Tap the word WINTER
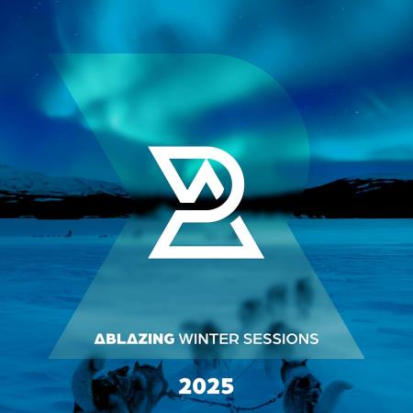pyautogui.click(x=209, y=339)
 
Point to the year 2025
pyautogui.click(x=206, y=378)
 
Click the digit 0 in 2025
pyautogui.click(x=200, y=378)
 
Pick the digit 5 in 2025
pyautogui.click(x=226, y=378)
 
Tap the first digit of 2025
pyautogui.click(x=187, y=378)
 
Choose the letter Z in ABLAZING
pyautogui.click(x=143, y=339)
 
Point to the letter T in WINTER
pyautogui.click(x=213, y=339)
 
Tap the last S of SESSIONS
pyautogui.click(x=314, y=339)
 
